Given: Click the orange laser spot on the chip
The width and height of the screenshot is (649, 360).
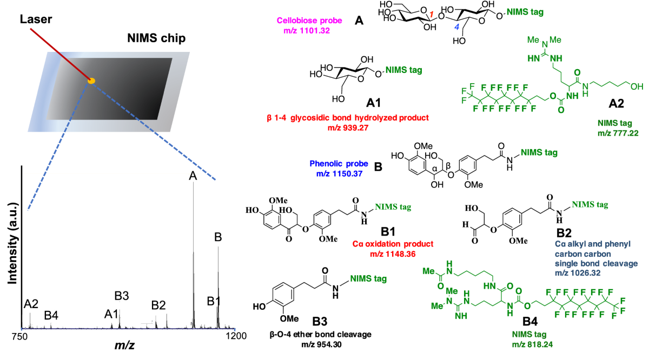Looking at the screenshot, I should pyautogui.click(x=92, y=81).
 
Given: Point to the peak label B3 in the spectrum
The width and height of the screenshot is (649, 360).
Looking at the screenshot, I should pyautogui.click(x=122, y=296).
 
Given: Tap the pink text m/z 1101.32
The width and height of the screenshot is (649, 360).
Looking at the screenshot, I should pyautogui.click(x=306, y=31).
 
